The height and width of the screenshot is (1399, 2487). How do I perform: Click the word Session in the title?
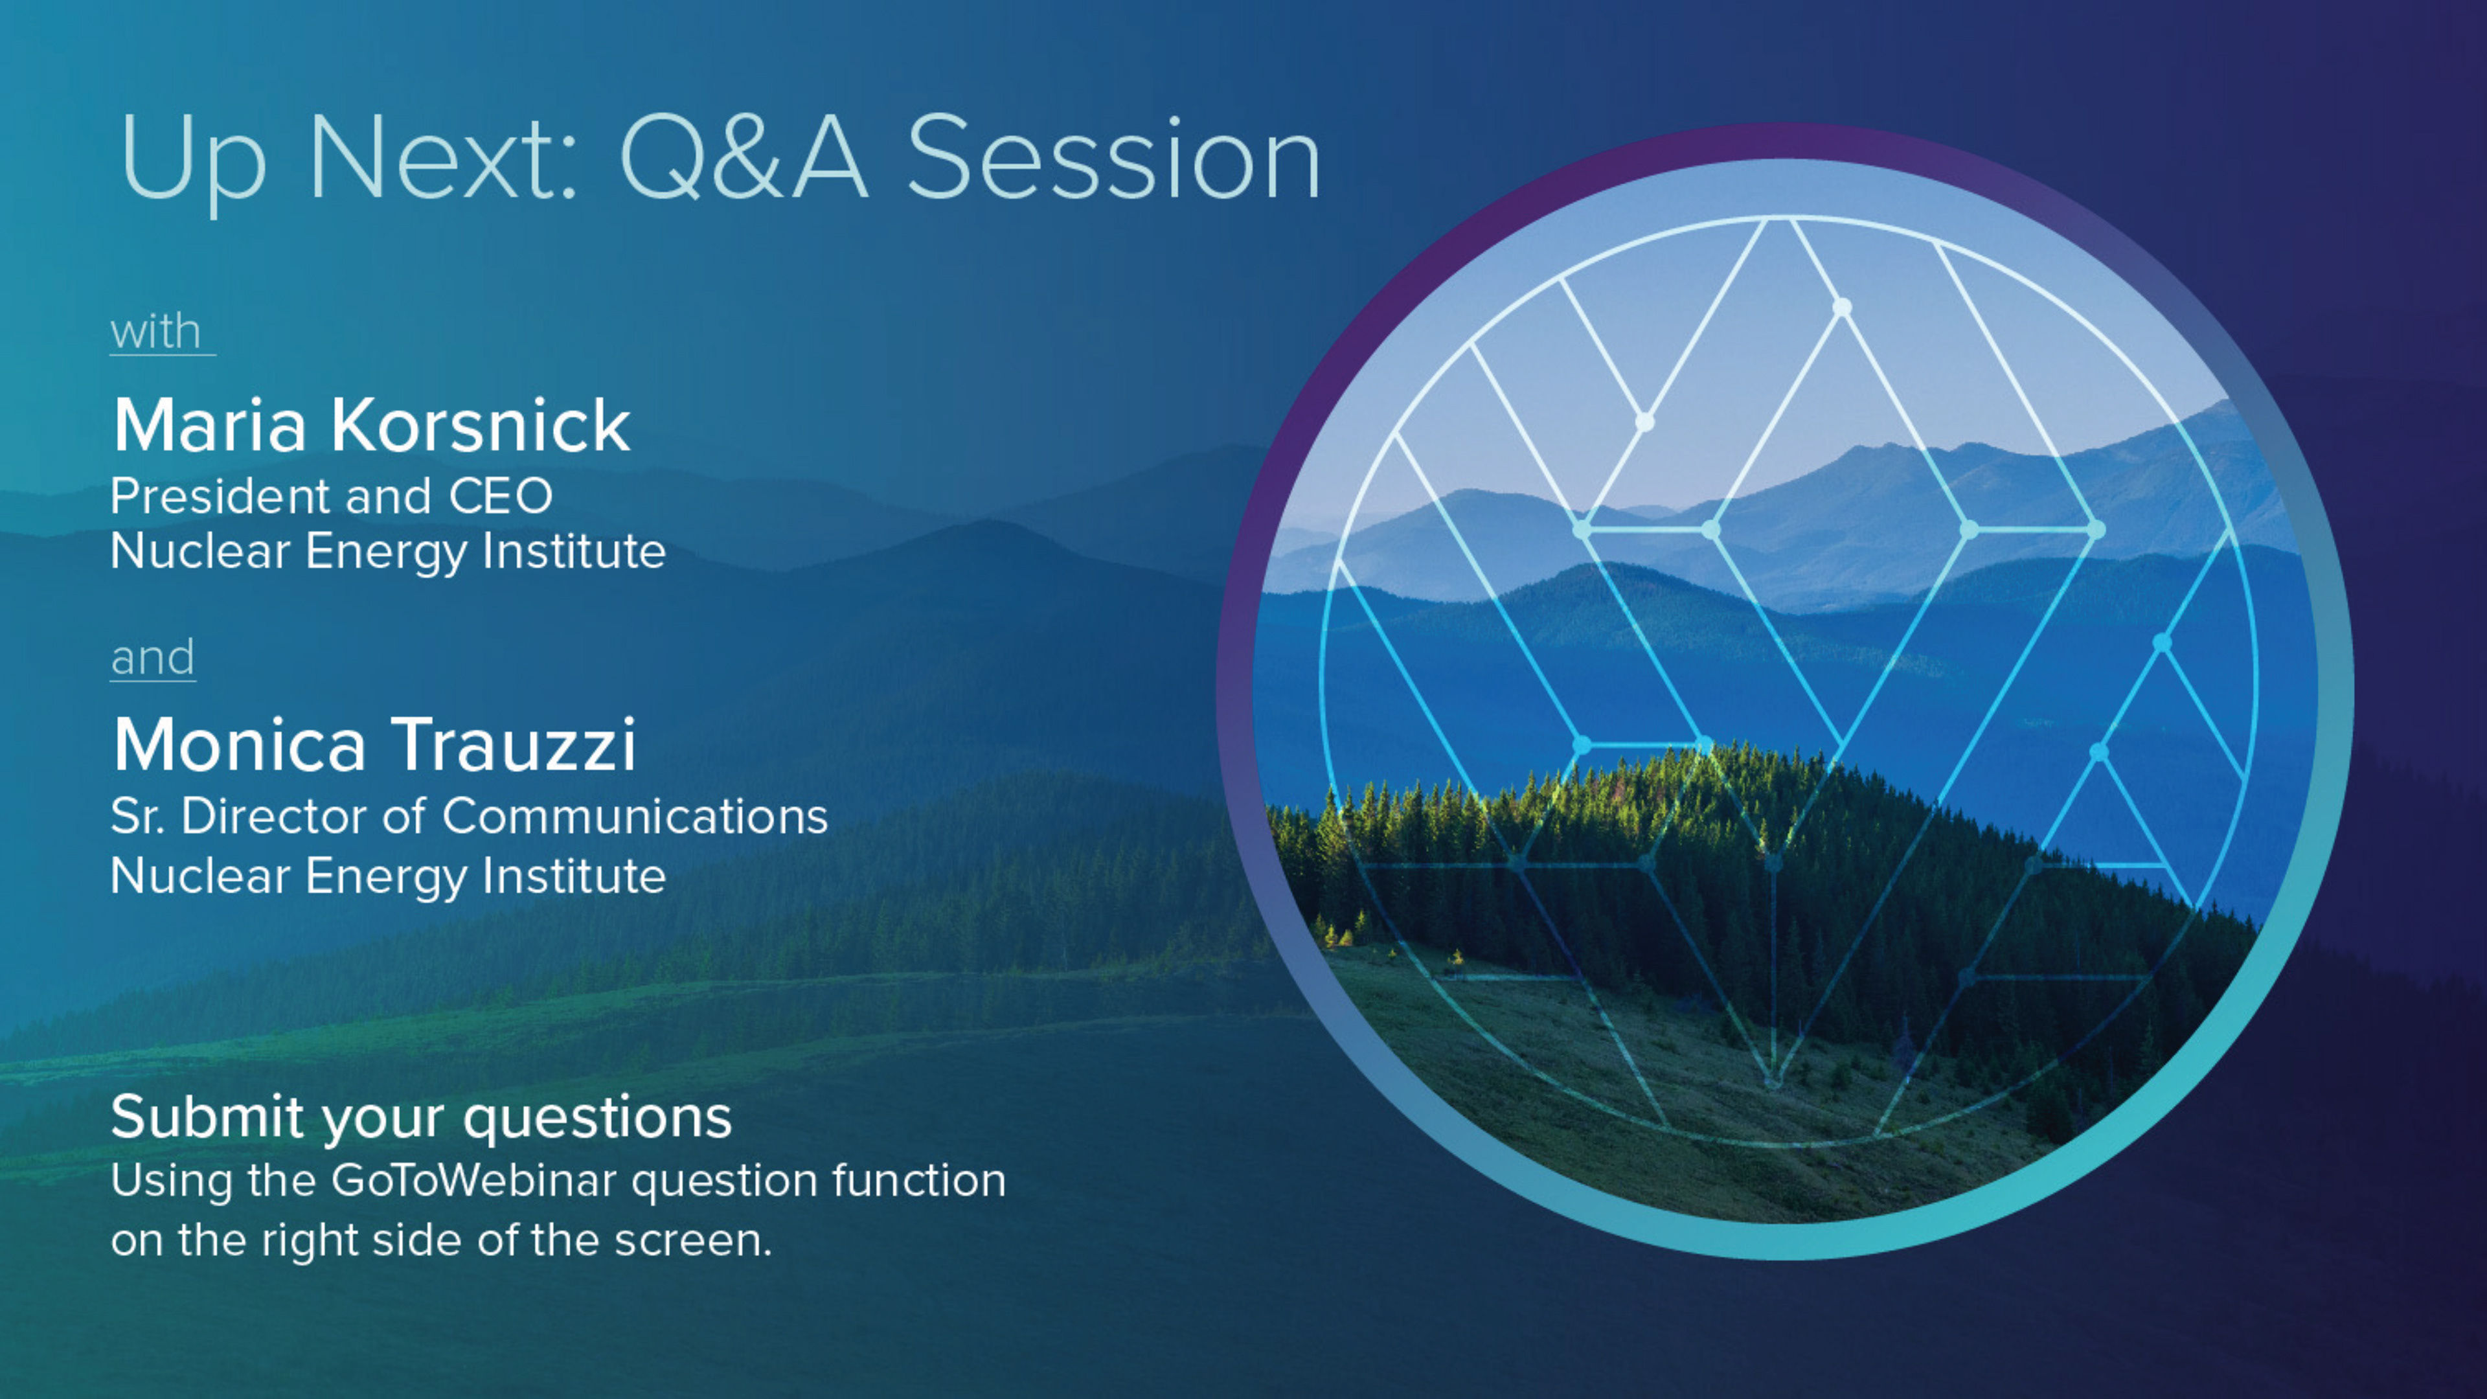pos(1113,157)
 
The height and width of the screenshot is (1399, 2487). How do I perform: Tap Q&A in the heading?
pos(744,157)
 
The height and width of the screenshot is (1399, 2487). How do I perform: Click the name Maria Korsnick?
pos(372,425)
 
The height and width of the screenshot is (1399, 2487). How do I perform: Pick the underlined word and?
pos(153,657)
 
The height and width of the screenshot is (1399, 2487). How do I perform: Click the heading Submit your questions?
pos(421,1118)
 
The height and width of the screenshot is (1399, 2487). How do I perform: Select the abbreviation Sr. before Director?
pos(138,817)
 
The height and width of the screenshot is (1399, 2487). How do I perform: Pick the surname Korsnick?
pos(481,425)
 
